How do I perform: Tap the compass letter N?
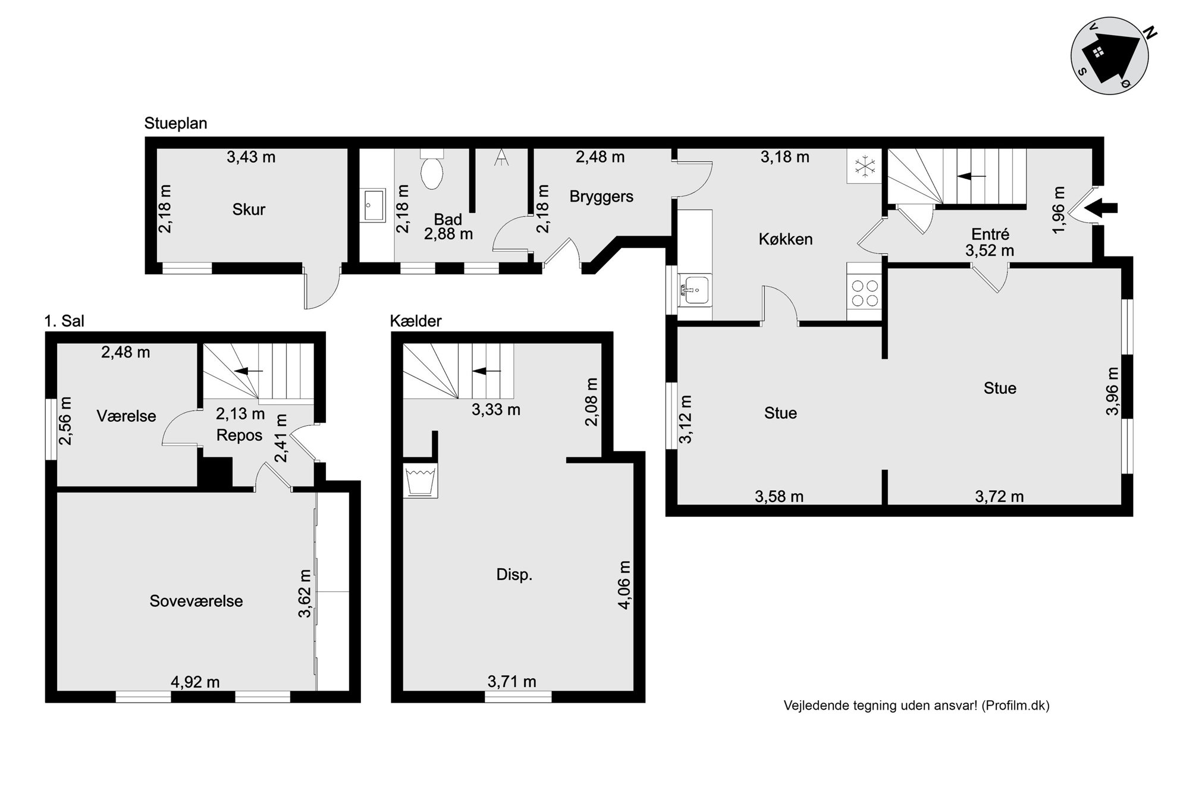coord(1150,34)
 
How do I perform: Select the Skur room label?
coord(249,209)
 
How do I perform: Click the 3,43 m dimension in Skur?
coord(251,157)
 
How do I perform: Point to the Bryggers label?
coord(601,197)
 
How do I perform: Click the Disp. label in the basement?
coord(514,575)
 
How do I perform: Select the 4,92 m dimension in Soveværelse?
coord(195,682)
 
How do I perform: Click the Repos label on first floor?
coord(239,435)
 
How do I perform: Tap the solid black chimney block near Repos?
coord(215,472)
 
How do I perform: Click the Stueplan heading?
coord(175,124)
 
